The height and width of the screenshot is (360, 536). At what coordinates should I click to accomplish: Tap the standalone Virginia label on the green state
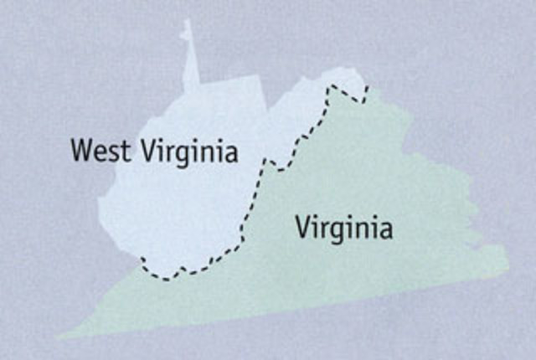tap(343, 228)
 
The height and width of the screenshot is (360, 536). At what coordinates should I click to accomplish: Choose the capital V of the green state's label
tap(302, 226)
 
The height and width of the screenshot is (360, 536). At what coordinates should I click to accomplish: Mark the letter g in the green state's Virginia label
tap(338, 232)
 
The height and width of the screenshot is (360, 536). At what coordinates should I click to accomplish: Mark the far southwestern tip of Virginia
tap(60, 337)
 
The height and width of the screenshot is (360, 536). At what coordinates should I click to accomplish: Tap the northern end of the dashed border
tap(367, 86)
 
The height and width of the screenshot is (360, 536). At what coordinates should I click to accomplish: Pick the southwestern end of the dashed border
tap(142, 258)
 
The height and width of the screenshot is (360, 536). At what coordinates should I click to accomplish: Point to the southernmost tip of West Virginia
tap(167, 279)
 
